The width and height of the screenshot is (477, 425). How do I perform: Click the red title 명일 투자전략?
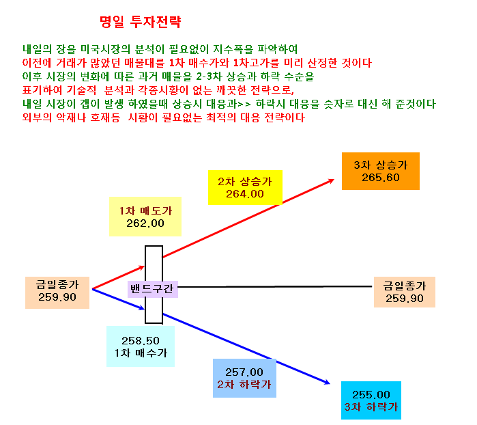tap(141, 22)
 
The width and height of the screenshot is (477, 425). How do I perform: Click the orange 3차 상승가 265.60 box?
tap(381, 172)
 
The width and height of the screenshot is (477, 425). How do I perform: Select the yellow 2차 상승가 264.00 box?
tap(245, 188)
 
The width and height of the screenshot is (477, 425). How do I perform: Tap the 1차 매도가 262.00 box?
tap(145, 217)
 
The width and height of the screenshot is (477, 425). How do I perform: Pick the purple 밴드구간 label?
tap(153, 289)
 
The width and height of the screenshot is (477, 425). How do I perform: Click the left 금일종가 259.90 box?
tap(57, 292)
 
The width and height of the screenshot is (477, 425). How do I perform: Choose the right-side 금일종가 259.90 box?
tap(405, 292)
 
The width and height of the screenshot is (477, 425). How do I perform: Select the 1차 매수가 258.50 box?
tap(141, 346)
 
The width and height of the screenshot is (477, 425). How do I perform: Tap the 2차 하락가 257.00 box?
tap(244, 378)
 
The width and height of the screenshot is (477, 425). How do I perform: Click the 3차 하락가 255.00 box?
tap(371, 400)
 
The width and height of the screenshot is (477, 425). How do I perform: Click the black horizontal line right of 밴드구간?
tap(275, 287)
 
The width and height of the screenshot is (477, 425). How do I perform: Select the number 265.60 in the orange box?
tap(381, 178)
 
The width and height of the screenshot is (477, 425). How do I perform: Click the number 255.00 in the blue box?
tap(371, 395)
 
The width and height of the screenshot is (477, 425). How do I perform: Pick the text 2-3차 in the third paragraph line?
tap(209, 76)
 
